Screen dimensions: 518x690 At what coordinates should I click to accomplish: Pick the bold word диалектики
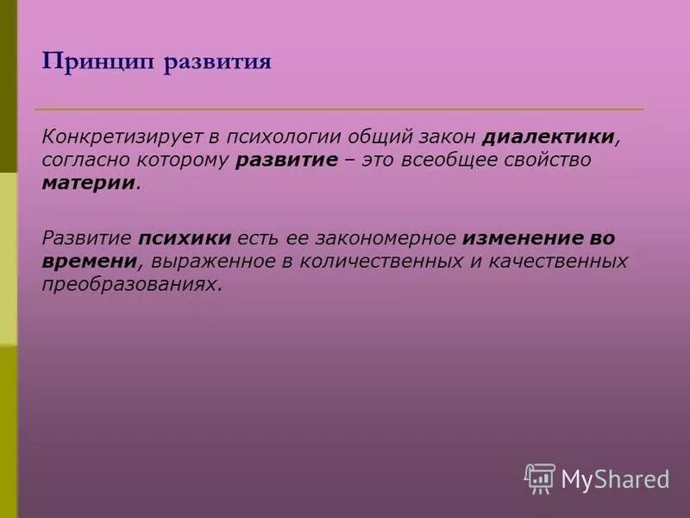(x=549, y=138)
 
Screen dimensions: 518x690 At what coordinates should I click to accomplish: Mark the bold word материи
(x=89, y=183)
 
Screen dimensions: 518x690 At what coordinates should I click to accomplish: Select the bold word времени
(x=90, y=260)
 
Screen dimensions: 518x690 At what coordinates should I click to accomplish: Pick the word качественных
(x=552, y=260)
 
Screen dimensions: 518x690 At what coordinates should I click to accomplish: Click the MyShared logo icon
(x=540, y=478)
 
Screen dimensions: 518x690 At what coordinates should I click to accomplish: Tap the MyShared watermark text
(x=616, y=479)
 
